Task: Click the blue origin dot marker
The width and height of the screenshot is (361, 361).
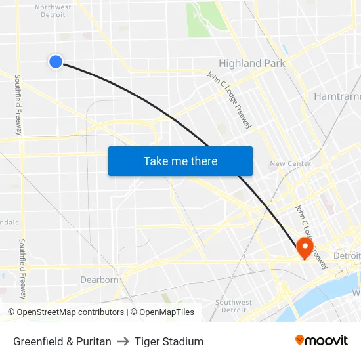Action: tap(56, 62)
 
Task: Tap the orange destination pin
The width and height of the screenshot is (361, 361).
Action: tap(305, 247)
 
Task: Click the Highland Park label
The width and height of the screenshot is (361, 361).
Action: tap(252, 64)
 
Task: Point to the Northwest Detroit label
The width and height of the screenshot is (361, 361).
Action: tap(53, 11)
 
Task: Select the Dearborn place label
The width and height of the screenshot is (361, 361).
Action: tap(99, 280)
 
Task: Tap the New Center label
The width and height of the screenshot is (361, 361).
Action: tap(290, 164)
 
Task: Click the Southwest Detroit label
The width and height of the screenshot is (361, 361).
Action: tap(234, 307)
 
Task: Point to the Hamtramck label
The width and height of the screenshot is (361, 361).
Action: tap(337, 96)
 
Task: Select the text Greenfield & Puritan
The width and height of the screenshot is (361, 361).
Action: tap(62, 341)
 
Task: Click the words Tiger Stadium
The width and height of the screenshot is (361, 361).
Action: tap(169, 341)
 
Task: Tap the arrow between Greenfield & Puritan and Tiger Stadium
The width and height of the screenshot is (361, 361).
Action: tap(123, 341)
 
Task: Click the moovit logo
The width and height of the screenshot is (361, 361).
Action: tap(321, 340)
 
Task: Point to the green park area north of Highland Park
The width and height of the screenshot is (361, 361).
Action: tap(206, 20)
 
